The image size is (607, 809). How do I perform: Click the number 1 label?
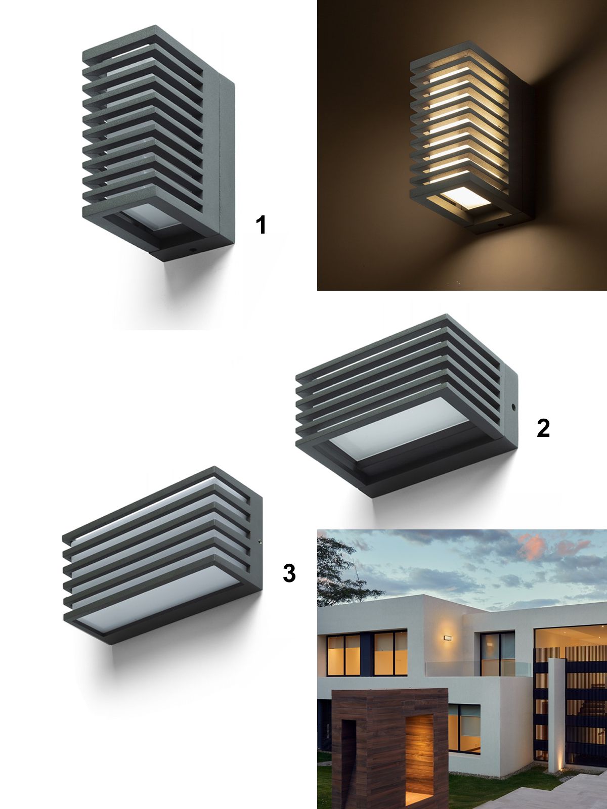[261, 225]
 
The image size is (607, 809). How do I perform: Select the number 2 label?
[543, 428]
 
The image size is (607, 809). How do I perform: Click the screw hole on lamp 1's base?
[192, 249]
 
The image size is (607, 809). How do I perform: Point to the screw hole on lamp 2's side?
[513, 407]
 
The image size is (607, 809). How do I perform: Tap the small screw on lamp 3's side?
[260, 542]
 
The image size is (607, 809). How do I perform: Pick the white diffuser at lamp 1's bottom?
[151, 221]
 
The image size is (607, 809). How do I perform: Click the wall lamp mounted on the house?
[448, 637]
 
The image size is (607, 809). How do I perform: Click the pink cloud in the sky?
[533, 547]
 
